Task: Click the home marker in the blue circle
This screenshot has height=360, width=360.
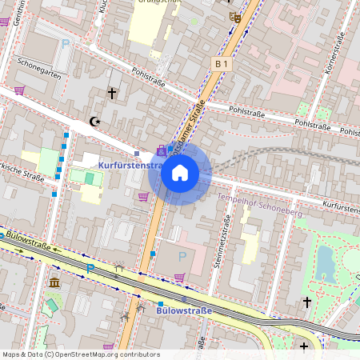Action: (x=180, y=173)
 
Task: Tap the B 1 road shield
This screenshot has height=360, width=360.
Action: (x=222, y=62)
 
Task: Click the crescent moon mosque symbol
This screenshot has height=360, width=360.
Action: (x=97, y=122)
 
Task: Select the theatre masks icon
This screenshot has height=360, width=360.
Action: (x=234, y=17)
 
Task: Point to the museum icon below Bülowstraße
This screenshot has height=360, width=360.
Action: (x=54, y=283)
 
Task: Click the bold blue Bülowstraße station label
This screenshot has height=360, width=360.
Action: (x=185, y=310)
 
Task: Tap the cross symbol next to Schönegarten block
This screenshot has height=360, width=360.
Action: (x=111, y=94)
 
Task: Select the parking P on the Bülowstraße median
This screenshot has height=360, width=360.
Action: (x=90, y=268)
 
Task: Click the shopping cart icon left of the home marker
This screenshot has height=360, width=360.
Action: (x=143, y=196)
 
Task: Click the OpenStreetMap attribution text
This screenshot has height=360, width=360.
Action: (x=81, y=354)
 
